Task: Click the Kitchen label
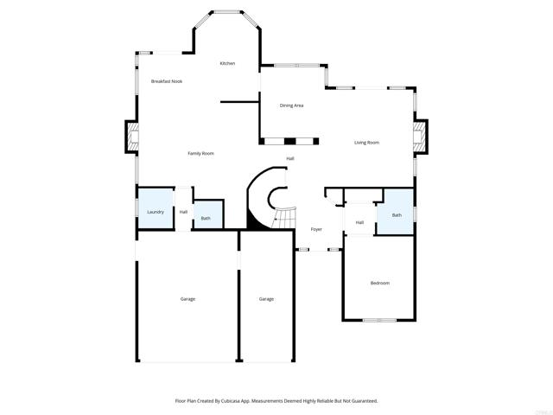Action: [x=227, y=63]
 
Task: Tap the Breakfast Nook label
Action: [x=166, y=81]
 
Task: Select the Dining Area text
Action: [x=291, y=105]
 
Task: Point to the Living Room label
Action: [x=366, y=143]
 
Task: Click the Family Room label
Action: [x=200, y=154]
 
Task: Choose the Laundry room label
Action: [x=156, y=212]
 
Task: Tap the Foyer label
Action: [x=316, y=229]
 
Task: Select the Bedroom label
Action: [x=380, y=284]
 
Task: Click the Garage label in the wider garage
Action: [x=188, y=299]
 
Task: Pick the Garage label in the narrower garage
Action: [x=266, y=299]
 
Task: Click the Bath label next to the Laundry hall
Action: [x=206, y=218]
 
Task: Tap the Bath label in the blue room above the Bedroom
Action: [x=397, y=215]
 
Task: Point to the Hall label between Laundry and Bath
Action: [x=183, y=212]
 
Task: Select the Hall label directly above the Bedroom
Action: [x=359, y=223]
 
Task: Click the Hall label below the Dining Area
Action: [x=290, y=158]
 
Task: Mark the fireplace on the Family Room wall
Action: [x=131, y=136]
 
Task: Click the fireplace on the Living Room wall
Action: [x=419, y=136]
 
